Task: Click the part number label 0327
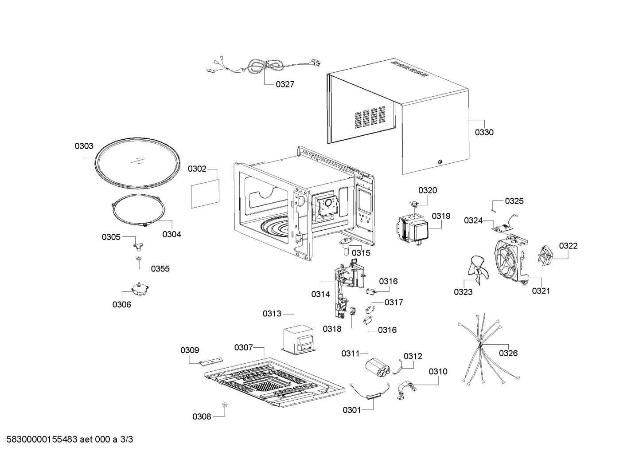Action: [x=284, y=84]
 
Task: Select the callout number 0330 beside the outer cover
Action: [x=484, y=132]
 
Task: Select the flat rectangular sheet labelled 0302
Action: [x=205, y=194]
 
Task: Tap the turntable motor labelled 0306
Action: [x=140, y=288]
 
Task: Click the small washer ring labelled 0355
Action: [x=139, y=259]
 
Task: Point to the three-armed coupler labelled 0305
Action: [x=139, y=247]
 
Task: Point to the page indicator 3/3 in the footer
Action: [x=126, y=439]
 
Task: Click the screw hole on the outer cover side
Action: [x=440, y=162]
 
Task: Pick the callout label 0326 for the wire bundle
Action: [x=508, y=353]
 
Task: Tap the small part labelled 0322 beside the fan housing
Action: [x=545, y=256]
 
